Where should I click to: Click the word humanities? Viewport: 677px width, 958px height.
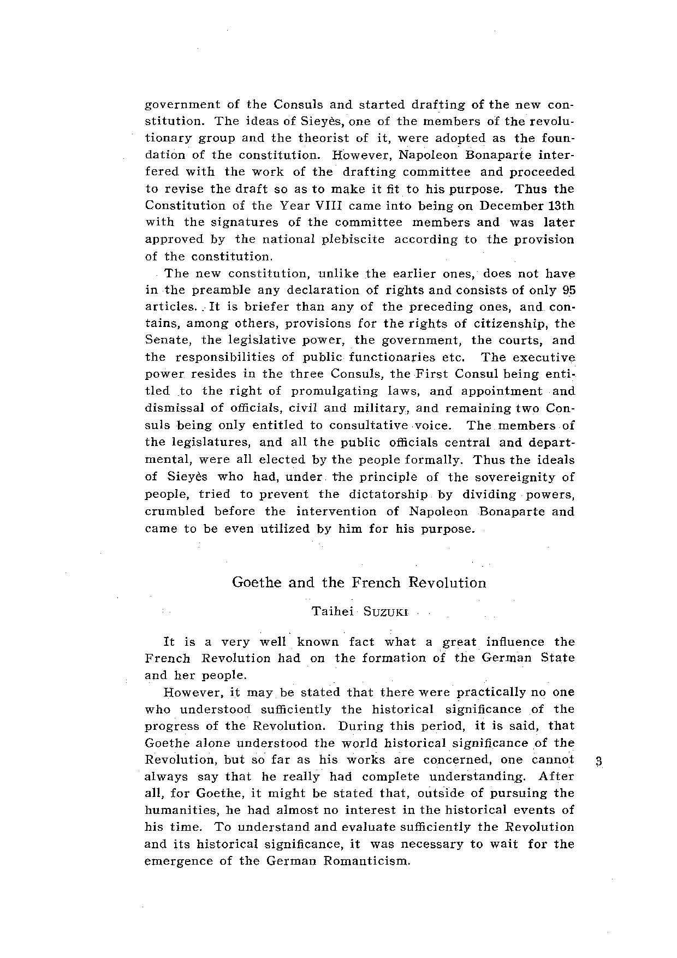(x=180, y=810)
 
